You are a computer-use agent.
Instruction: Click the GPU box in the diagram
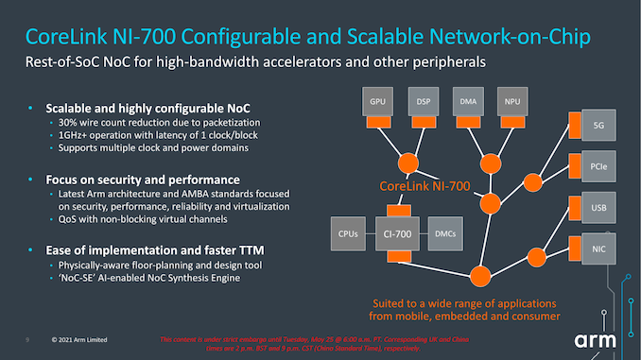click(x=377, y=100)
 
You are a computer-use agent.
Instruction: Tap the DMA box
click(x=468, y=100)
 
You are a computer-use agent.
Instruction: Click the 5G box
click(x=598, y=125)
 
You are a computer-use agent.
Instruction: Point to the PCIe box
click(x=598, y=166)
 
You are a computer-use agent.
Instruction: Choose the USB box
click(x=598, y=207)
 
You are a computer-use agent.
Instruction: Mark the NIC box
click(x=598, y=248)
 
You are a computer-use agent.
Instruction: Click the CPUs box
click(x=346, y=231)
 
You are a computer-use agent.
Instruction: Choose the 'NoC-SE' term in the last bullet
click(x=81, y=278)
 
